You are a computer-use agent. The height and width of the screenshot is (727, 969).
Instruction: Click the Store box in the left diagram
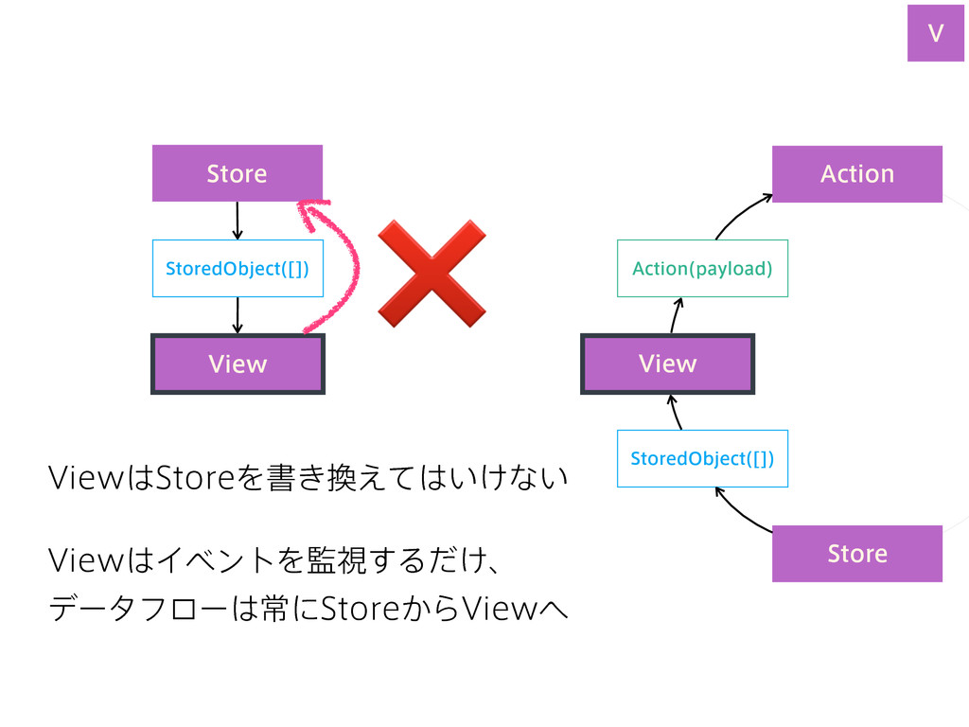[x=238, y=173]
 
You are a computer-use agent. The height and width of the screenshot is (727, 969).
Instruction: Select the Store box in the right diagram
[x=857, y=553]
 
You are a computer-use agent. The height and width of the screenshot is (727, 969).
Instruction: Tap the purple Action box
[x=857, y=174]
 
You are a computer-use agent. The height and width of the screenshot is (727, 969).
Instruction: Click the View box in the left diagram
[x=238, y=363]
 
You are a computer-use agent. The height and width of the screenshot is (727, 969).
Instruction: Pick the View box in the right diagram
[x=667, y=363]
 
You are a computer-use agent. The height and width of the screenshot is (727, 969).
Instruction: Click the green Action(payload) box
[x=703, y=268]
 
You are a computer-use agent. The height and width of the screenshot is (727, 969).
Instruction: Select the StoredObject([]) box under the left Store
[x=238, y=268]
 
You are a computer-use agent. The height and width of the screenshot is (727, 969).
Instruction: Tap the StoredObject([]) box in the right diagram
[x=703, y=458]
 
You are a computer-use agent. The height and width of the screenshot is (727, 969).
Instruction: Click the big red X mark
[x=432, y=274]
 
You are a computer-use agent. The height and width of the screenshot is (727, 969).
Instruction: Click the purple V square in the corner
[x=936, y=33]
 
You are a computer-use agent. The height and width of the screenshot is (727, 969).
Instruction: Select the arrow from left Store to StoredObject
[x=238, y=221]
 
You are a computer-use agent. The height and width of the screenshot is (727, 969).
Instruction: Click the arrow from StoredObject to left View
[x=238, y=315]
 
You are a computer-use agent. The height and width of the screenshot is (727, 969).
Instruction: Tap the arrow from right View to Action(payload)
[x=675, y=314]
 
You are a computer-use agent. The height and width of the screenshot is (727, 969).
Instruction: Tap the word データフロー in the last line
[x=138, y=609]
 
